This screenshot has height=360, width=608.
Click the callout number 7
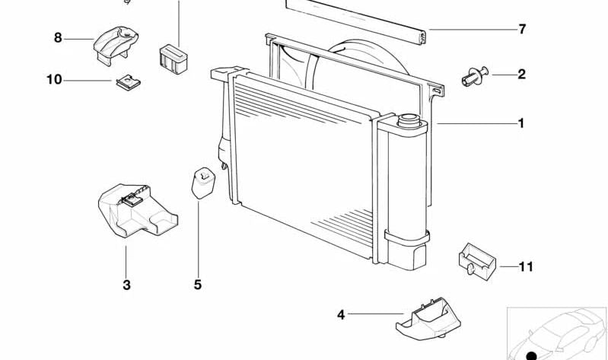522,30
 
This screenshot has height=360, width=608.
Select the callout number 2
521,75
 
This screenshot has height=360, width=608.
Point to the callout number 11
526,267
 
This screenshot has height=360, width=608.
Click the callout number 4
341,314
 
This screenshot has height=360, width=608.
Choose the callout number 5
197,285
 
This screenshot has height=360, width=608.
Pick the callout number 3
126,285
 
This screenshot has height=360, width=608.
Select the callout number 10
53,79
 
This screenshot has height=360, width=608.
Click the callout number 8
58,37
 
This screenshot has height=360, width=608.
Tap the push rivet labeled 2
473,75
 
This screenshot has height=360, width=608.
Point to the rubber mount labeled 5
202,180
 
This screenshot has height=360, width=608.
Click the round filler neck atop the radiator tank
409,119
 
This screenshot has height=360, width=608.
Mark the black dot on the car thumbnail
531,355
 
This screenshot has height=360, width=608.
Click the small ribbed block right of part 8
173,59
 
